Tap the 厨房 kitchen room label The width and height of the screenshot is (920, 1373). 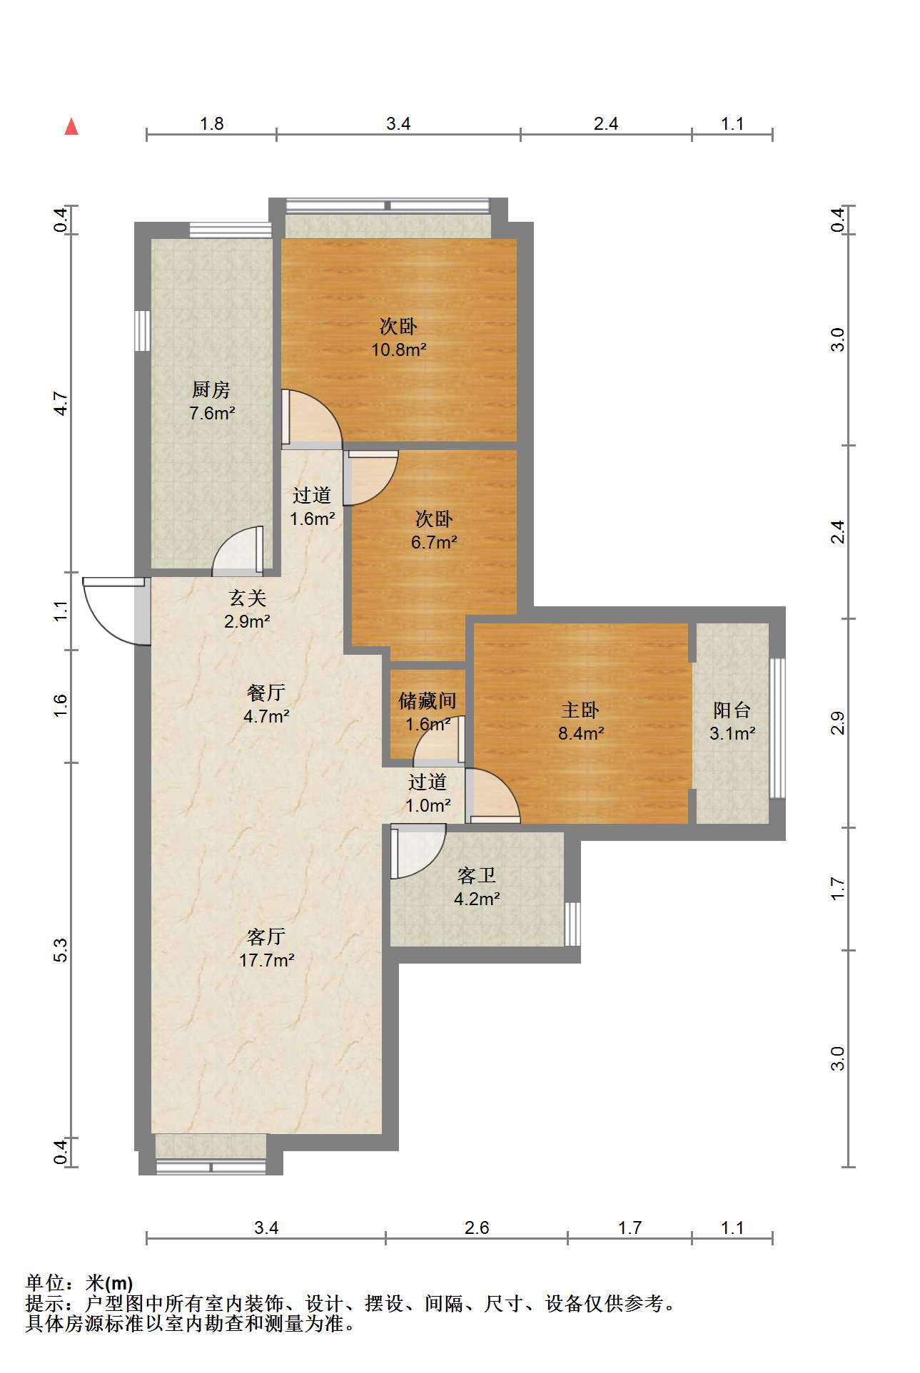pyautogui.click(x=211, y=390)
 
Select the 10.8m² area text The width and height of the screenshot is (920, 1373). pyautogui.click(x=399, y=349)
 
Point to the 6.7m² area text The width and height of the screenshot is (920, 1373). pyautogui.click(x=434, y=542)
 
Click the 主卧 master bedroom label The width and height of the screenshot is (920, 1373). pyautogui.click(x=580, y=710)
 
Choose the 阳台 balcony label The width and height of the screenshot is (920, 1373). pyautogui.click(x=732, y=710)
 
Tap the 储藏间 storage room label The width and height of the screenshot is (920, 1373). pyautogui.click(x=427, y=701)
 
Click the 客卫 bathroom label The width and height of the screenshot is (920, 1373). pyautogui.click(x=477, y=875)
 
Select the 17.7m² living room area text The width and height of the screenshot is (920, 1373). pyautogui.click(x=267, y=960)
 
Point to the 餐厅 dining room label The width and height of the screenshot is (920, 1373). pyautogui.click(x=266, y=693)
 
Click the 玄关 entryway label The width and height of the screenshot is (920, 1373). pyautogui.click(x=247, y=598)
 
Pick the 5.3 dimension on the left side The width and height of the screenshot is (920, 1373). pyautogui.click(x=61, y=951)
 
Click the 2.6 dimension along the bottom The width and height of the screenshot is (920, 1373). pyautogui.click(x=477, y=1227)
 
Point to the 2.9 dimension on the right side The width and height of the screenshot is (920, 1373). pyautogui.click(x=838, y=723)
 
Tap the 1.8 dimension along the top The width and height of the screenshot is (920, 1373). pyautogui.click(x=212, y=123)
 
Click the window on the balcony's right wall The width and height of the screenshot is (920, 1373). pyautogui.click(x=777, y=728)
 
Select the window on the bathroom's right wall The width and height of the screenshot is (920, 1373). pyautogui.click(x=572, y=924)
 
